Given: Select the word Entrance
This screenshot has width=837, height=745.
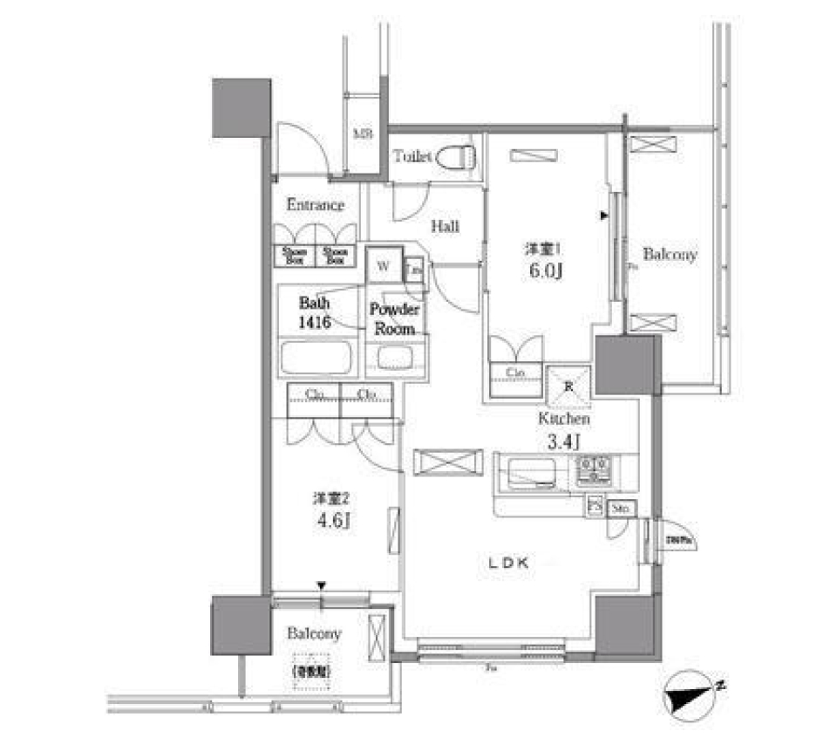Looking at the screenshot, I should pyautogui.click(x=315, y=206).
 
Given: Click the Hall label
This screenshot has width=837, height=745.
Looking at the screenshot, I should pyautogui.click(x=445, y=227).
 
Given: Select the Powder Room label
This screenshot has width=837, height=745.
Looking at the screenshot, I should pyautogui.click(x=395, y=319).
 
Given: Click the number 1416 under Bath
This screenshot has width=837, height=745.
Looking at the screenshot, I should pyautogui.click(x=314, y=323).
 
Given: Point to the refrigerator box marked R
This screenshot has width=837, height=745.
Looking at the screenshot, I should pyautogui.click(x=568, y=385).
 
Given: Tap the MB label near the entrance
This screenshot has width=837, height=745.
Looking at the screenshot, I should pyautogui.click(x=362, y=134).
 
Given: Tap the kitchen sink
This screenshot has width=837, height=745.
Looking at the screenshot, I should pyautogui.click(x=533, y=473).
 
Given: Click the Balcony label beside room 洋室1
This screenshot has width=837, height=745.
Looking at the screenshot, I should pyautogui.click(x=670, y=256).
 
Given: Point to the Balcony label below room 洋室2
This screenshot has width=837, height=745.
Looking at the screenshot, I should pyautogui.click(x=314, y=634).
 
